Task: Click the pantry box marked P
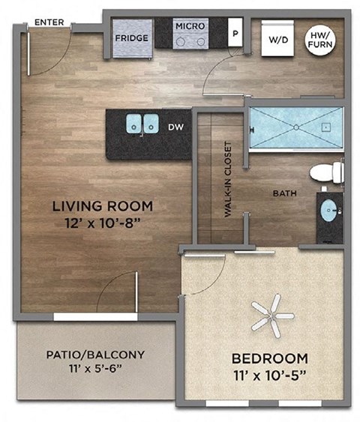pos(235,34)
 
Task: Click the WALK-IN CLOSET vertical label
pos(226,180)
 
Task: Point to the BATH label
pos(285,193)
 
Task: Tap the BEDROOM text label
pos(269,358)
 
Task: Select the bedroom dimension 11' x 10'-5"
pos(269,374)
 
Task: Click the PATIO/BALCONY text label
pos(95,355)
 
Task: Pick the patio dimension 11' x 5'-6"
pos(95,369)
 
